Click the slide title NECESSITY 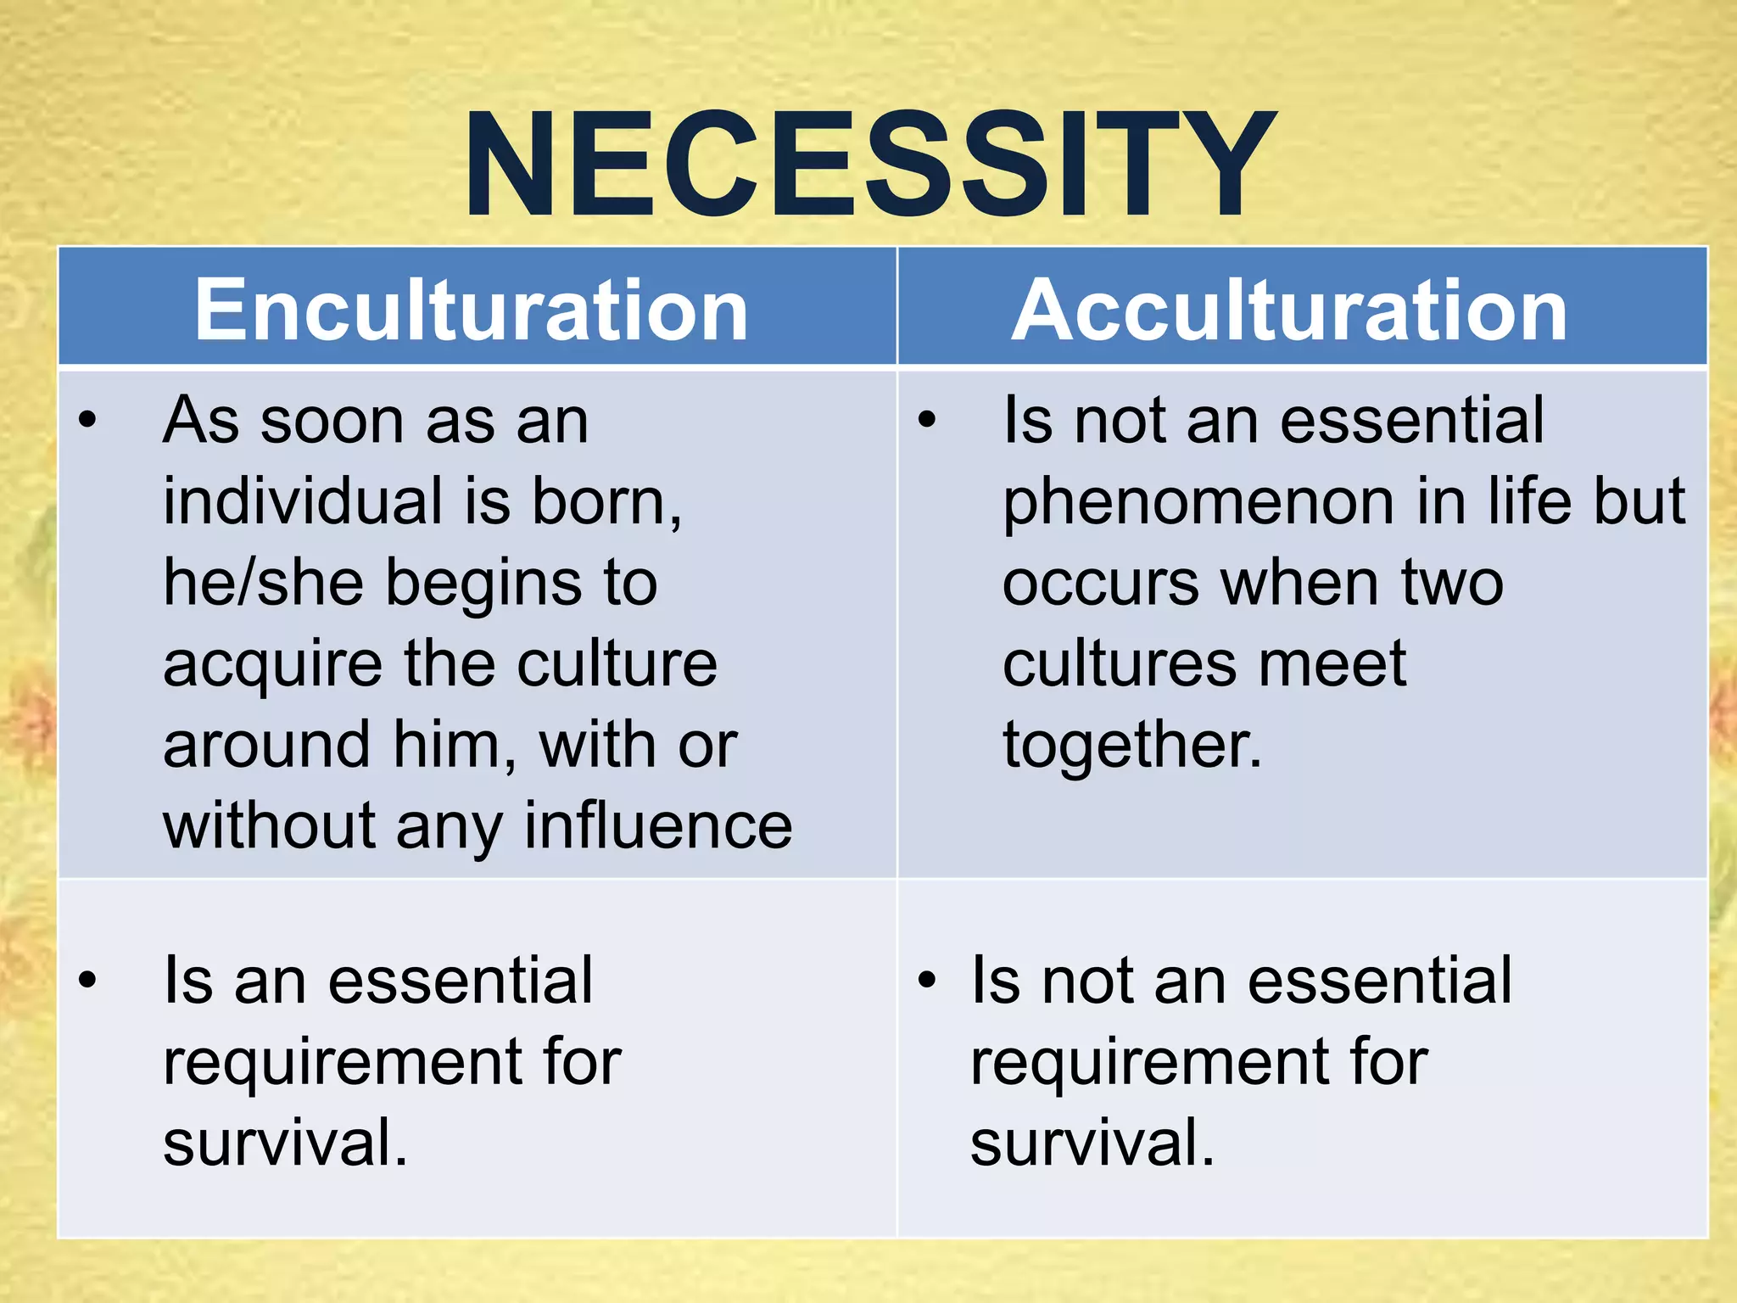[x=869, y=165]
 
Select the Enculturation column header [x=472, y=310]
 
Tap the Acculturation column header [x=1289, y=310]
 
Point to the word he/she [x=263, y=584]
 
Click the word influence [x=658, y=826]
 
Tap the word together [x=1132, y=745]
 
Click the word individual [x=300, y=502]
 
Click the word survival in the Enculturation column [x=285, y=1144]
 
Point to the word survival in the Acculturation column [x=1092, y=1144]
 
